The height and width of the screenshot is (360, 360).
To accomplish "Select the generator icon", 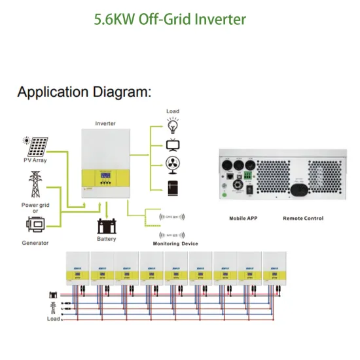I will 34,225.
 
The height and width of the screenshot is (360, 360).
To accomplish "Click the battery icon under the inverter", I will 106,226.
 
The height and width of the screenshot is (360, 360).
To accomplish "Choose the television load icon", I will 173,145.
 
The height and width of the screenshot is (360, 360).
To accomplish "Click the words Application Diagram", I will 84,92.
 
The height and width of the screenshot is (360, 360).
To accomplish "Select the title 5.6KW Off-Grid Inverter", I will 170,19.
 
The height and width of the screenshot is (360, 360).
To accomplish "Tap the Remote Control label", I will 304,217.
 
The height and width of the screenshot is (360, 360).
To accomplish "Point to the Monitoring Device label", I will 175,243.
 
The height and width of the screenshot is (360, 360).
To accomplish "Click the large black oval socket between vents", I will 301,190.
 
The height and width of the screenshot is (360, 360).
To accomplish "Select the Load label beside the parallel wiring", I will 53,319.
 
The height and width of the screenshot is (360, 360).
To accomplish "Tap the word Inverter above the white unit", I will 106,123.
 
